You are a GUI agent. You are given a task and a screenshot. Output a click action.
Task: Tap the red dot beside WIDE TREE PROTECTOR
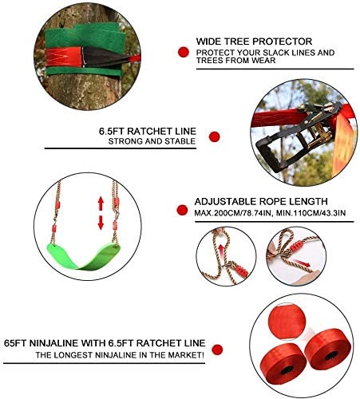(x=182, y=52)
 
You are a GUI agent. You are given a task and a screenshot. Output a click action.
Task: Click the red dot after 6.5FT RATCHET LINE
(x=214, y=136)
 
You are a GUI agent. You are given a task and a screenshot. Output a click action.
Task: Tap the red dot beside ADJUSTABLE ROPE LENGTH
(x=181, y=208)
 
